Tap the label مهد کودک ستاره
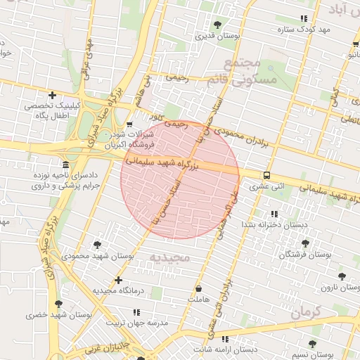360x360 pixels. coord(304,30)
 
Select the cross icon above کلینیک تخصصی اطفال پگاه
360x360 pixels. coord(52,95)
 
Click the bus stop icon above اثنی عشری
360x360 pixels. coord(266,175)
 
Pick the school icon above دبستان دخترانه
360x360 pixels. coord(274,214)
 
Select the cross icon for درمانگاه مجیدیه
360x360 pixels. coord(118,280)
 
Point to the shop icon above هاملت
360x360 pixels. coord(199,288)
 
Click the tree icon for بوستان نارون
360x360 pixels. coord(342,276)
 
